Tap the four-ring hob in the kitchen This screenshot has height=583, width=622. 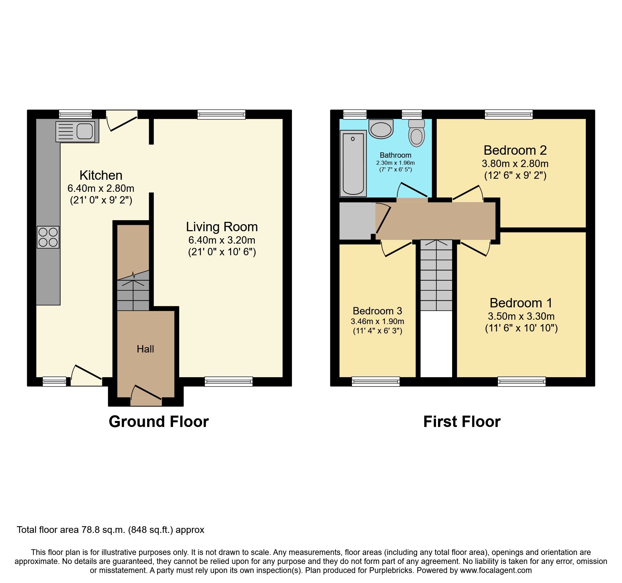(48, 237)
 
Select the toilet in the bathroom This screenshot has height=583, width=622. (417, 133)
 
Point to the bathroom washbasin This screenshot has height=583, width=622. (381, 129)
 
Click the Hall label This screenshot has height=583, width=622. (145, 349)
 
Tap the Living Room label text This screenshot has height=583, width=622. (222, 227)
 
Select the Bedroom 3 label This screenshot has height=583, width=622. (377, 311)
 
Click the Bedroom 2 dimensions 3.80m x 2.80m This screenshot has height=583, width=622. (515, 164)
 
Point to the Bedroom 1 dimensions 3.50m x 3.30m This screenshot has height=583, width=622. (521, 316)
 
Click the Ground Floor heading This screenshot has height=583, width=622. (159, 422)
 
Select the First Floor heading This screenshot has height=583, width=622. (462, 422)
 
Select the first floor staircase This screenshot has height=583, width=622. (436, 275)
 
